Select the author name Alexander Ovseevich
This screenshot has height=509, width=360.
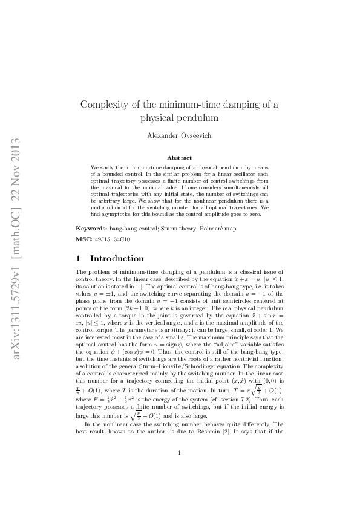(179, 135)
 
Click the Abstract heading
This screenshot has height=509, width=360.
(179, 158)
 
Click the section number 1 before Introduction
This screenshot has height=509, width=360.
(78, 258)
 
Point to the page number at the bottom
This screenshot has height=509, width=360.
(179, 469)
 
